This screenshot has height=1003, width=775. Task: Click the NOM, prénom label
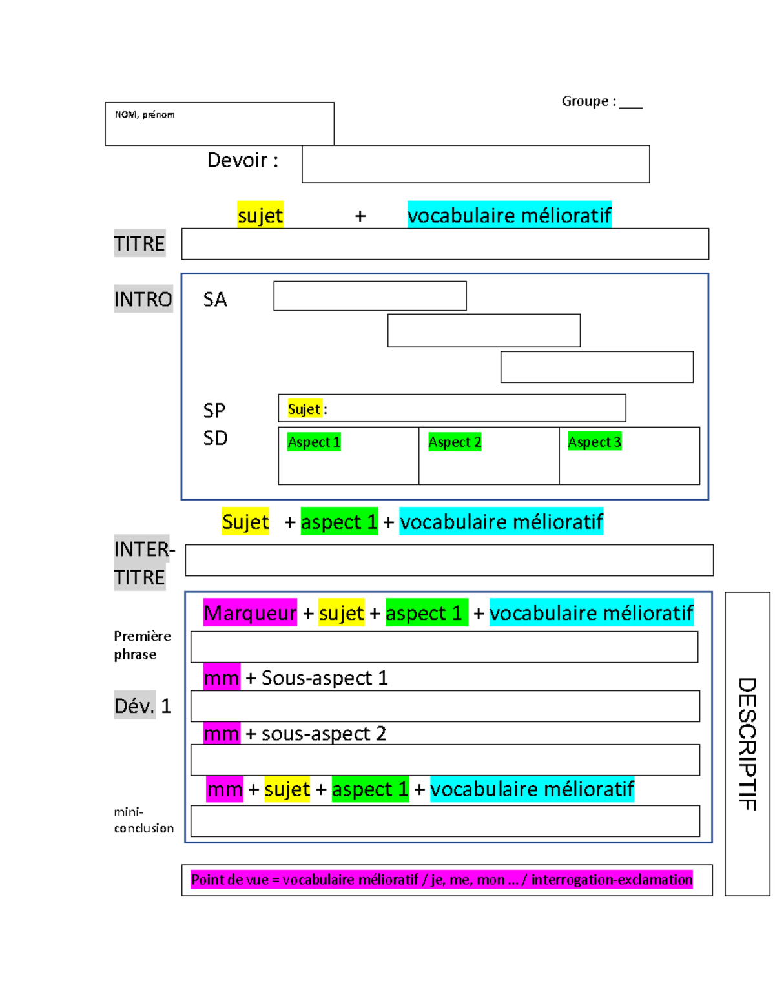tap(145, 114)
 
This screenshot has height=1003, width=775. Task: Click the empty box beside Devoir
tap(475, 164)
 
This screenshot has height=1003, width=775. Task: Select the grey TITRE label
tap(139, 243)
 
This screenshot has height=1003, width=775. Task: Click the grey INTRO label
tap(143, 299)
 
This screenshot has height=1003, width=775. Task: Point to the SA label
tap(215, 300)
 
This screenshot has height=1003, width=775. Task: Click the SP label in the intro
tap(214, 410)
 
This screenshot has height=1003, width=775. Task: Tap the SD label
tap(215, 439)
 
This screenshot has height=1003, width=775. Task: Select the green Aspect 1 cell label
tap(314, 442)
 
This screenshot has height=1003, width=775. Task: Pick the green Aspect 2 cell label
tap(455, 442)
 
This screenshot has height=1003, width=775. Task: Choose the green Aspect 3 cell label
tap(594, 442)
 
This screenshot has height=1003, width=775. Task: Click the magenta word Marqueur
tap(250, 613)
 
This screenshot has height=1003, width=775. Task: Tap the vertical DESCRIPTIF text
tap(747, 743)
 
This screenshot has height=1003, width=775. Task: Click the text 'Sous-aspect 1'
tap(324, 677)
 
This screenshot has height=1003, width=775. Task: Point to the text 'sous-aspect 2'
tap(324, 734)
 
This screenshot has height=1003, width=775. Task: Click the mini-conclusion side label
tap(143, 820)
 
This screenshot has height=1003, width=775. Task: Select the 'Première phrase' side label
tap(142, 645)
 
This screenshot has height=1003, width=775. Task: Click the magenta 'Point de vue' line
tap(442, 880)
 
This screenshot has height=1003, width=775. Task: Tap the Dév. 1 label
tap(142, 706)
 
